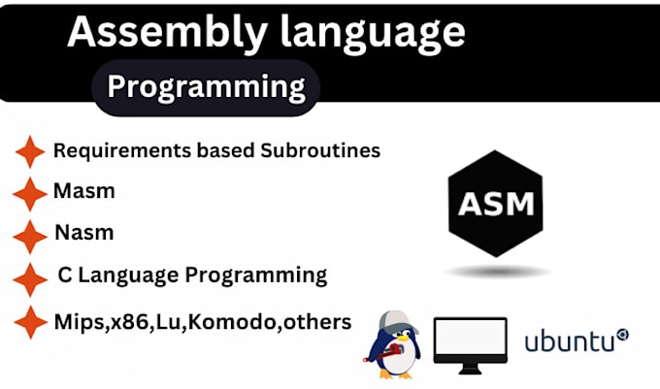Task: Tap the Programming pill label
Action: (206, 86)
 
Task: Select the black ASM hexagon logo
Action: (495, 204)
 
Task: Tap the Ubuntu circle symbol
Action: (622, 335)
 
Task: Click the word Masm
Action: (83, 191)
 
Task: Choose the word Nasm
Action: (83, 233)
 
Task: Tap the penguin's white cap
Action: (393, 321)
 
